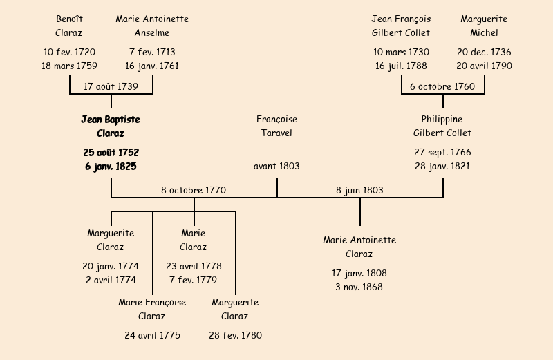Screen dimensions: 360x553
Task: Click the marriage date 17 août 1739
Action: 111,87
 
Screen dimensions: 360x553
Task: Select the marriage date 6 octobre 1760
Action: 442,87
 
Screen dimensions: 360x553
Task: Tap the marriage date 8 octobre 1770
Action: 194,191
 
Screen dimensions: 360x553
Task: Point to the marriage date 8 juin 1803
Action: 359,191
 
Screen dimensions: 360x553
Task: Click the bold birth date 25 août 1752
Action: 111,153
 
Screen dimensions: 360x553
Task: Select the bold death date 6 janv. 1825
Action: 111,167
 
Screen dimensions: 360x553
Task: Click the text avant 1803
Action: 276,167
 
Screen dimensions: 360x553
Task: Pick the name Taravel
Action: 276,133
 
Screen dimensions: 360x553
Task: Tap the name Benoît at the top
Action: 69,19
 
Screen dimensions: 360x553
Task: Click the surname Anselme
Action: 152,33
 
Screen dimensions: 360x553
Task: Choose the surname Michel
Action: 484,33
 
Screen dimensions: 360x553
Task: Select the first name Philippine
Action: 442,120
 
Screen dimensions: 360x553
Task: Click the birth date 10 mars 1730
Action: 401,53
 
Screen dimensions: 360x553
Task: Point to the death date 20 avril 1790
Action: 484,66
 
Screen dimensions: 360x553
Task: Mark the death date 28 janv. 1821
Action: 442,167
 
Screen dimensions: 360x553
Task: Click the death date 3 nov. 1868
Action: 359,287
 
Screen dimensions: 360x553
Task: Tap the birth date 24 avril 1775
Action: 152,336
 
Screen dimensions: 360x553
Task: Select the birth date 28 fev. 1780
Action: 235,336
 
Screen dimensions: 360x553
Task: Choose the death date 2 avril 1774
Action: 111,281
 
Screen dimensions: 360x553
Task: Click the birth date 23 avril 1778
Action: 194,267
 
